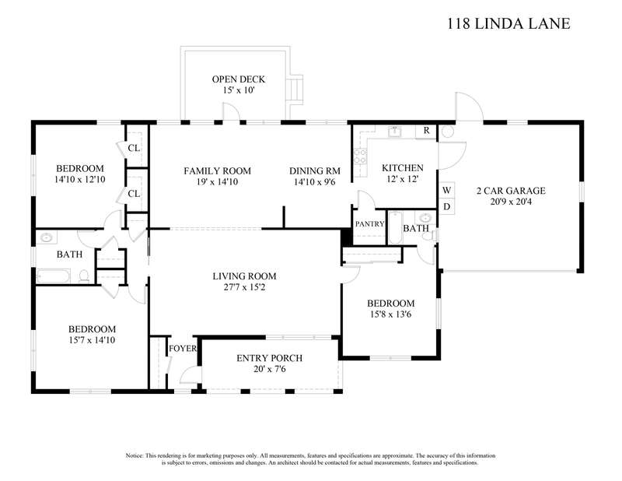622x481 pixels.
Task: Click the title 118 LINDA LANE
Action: coord(508,23)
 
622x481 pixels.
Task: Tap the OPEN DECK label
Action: coord(238,79)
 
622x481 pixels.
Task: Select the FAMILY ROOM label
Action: coord(218,170)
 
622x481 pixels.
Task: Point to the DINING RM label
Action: coord(315,170)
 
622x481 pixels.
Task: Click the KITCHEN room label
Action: coord(403,167)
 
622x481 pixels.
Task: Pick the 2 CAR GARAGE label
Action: coord(511,191)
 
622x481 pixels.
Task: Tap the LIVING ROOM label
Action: coord(244,276)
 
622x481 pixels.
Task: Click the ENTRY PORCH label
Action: coord(269,358)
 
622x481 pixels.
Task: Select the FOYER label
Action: coord(183,349)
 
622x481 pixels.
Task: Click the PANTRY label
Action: coord(370,224)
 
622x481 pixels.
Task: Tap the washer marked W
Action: coord(446,190)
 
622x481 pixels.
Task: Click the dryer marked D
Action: coord(446,206)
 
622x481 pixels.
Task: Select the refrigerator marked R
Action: coord(426,131)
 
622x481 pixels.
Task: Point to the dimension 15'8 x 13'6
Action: coord(391,314)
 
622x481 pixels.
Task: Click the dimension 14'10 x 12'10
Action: coord(80,179)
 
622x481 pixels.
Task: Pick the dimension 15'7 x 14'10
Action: coord(92,340)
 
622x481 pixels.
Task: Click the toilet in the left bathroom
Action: coord(84,276)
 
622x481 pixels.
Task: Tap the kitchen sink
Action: coord(394,131)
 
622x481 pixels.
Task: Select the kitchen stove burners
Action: coord(360,156)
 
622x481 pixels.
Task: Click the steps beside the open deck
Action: coord(296,90)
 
